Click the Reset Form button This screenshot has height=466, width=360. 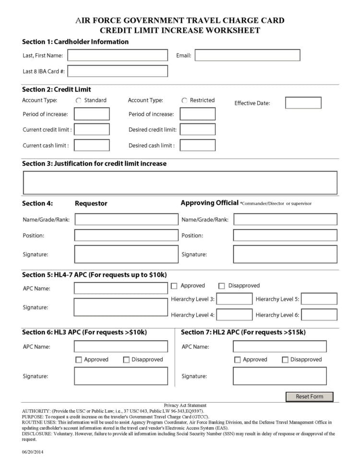[309, 396]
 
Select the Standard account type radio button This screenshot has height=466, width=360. [79, 100]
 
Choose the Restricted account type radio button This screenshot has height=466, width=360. [184, 100]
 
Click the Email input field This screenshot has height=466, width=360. [247, 55]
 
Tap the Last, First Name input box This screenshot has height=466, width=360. [118, 55]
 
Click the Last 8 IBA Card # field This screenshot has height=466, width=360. [118, 71]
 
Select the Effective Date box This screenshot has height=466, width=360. [303, 103]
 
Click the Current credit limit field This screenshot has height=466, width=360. [92, 129]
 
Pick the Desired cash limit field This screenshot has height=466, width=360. [197, 145]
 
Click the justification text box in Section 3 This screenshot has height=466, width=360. [180, 183]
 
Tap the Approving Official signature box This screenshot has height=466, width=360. [285, 254]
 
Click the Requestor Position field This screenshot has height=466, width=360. [126, 235]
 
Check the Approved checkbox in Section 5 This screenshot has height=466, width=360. [174, 286]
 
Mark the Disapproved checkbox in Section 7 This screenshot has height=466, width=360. [285, 359]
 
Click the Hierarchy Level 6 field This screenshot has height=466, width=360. [319, 315]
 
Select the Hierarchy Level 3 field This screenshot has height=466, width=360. [234, 299]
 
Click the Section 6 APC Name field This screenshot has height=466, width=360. [121, 346]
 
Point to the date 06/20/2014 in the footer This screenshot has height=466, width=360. [33, 452]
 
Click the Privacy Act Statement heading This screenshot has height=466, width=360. [185, 405]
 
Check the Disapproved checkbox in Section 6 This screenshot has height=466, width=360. [127, 359]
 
